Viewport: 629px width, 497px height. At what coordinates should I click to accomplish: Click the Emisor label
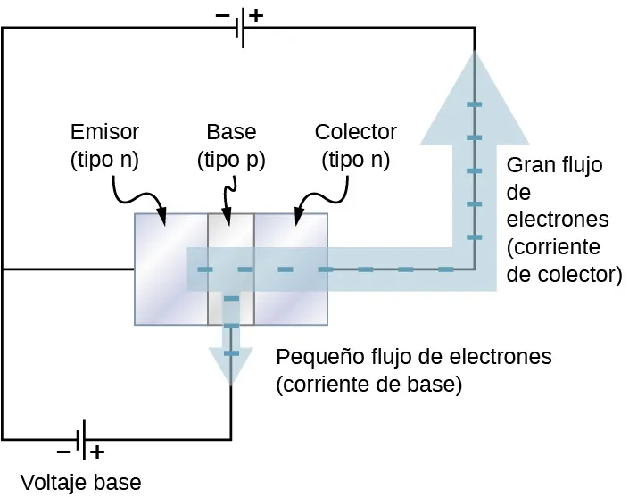[104, 133]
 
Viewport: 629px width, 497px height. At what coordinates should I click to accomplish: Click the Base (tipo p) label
[231, 146]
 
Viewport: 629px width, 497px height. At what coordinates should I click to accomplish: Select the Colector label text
[355, 133]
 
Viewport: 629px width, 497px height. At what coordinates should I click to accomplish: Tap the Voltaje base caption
[80, 483]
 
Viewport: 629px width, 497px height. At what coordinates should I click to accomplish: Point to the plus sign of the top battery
[257, 15]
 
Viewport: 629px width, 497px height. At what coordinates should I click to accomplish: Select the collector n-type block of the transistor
[291, 241]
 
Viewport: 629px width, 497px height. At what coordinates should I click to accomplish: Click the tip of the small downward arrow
[231, 384]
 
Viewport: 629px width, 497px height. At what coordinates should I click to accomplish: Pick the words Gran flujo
[554, 165]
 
